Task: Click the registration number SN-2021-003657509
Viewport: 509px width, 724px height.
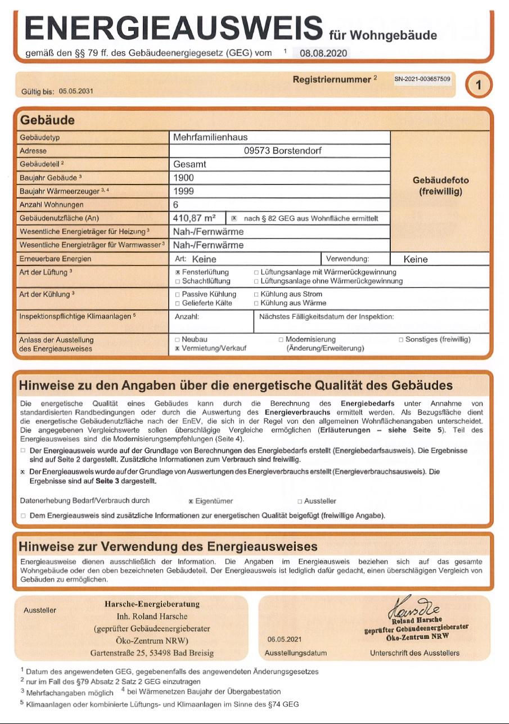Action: point(422,79)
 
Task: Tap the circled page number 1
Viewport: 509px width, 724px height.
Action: point(478,86)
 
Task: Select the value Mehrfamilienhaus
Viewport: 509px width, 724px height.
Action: point(210,137)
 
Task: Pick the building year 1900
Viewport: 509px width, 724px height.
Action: point(184,178)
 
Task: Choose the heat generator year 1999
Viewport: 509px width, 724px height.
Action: point(184,191)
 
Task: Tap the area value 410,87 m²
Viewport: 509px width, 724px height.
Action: point(195,218)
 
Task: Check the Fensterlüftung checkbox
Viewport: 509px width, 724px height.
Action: point(178,272)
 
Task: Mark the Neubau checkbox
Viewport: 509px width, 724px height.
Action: point(178,340)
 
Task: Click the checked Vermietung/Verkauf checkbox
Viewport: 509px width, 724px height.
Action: point(178,349)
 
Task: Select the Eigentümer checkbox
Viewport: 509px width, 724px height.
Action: point(191,501)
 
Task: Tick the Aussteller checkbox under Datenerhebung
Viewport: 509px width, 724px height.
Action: point(300,501)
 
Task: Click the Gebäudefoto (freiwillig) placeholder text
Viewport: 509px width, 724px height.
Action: point(440,186)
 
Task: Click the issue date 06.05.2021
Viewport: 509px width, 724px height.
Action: point(285,640)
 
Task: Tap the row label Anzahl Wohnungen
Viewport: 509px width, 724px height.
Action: point(52,205)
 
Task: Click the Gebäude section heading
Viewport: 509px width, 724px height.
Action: point(47,120)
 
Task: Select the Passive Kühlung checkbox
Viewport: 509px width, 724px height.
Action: point(178,294)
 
